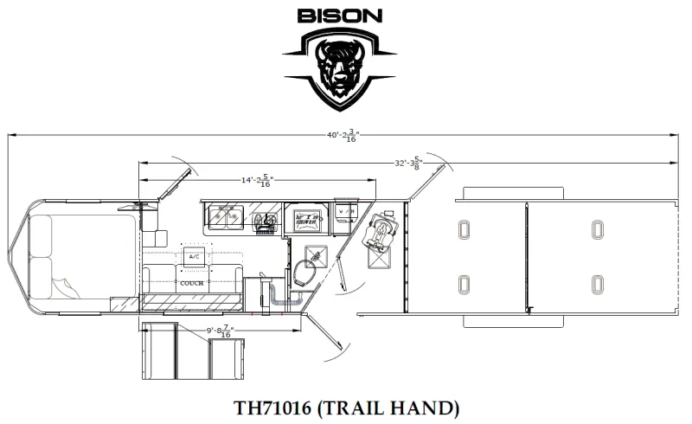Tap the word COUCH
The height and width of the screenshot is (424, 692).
[x=192, y=282]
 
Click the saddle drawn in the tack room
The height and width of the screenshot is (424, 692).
[x=380, y=231]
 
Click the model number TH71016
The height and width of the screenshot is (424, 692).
[x=276, y=407]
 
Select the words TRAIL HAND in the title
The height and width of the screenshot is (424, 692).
[x=392, y=407]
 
